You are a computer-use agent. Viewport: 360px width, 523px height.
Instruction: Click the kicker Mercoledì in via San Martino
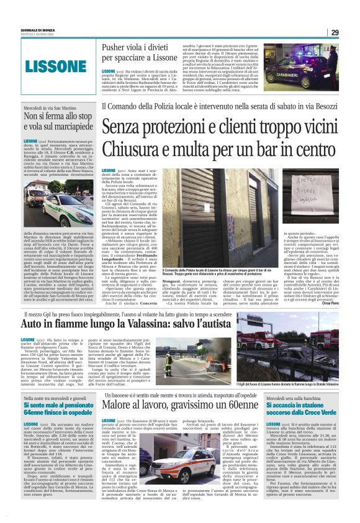50,108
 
